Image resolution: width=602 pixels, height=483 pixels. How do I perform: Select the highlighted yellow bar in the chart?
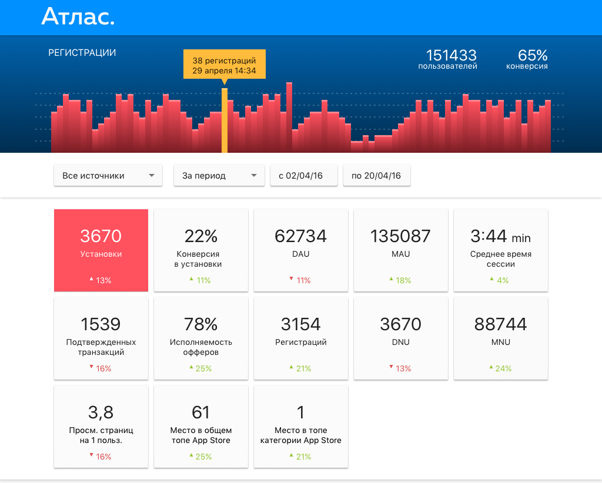pos(225,120)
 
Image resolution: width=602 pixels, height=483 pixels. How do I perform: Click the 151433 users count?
pos(451,56)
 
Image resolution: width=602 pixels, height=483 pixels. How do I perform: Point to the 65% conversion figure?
pos(533,56)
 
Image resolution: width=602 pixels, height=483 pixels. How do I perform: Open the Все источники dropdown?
pos(108,176)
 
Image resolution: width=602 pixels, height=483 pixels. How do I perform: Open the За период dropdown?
pos(219,176)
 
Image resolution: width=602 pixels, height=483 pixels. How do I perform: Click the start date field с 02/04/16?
pos(303,176)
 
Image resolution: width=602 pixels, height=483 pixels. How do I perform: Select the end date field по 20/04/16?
pos(376,176)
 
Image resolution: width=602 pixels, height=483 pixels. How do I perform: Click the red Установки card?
pos(101,250)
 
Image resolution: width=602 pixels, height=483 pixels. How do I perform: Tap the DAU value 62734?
pos(300,236)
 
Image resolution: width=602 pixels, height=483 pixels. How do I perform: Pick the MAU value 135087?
pos(400,236)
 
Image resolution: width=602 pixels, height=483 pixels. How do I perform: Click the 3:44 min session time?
pos(500,236)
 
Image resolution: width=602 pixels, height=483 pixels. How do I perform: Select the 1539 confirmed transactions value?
pos(101,324)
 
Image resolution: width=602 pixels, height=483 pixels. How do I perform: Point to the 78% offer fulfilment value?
pos(201,324)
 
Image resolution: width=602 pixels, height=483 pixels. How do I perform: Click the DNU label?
pos(400,342)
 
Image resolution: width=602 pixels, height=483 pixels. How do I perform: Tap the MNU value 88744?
pos(500,324)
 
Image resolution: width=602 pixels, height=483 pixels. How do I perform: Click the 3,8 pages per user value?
pos(101,412)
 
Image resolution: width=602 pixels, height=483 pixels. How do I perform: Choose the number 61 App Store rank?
pos(201,412)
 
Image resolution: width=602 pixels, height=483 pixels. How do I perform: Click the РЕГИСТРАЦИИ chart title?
pos(82,53)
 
